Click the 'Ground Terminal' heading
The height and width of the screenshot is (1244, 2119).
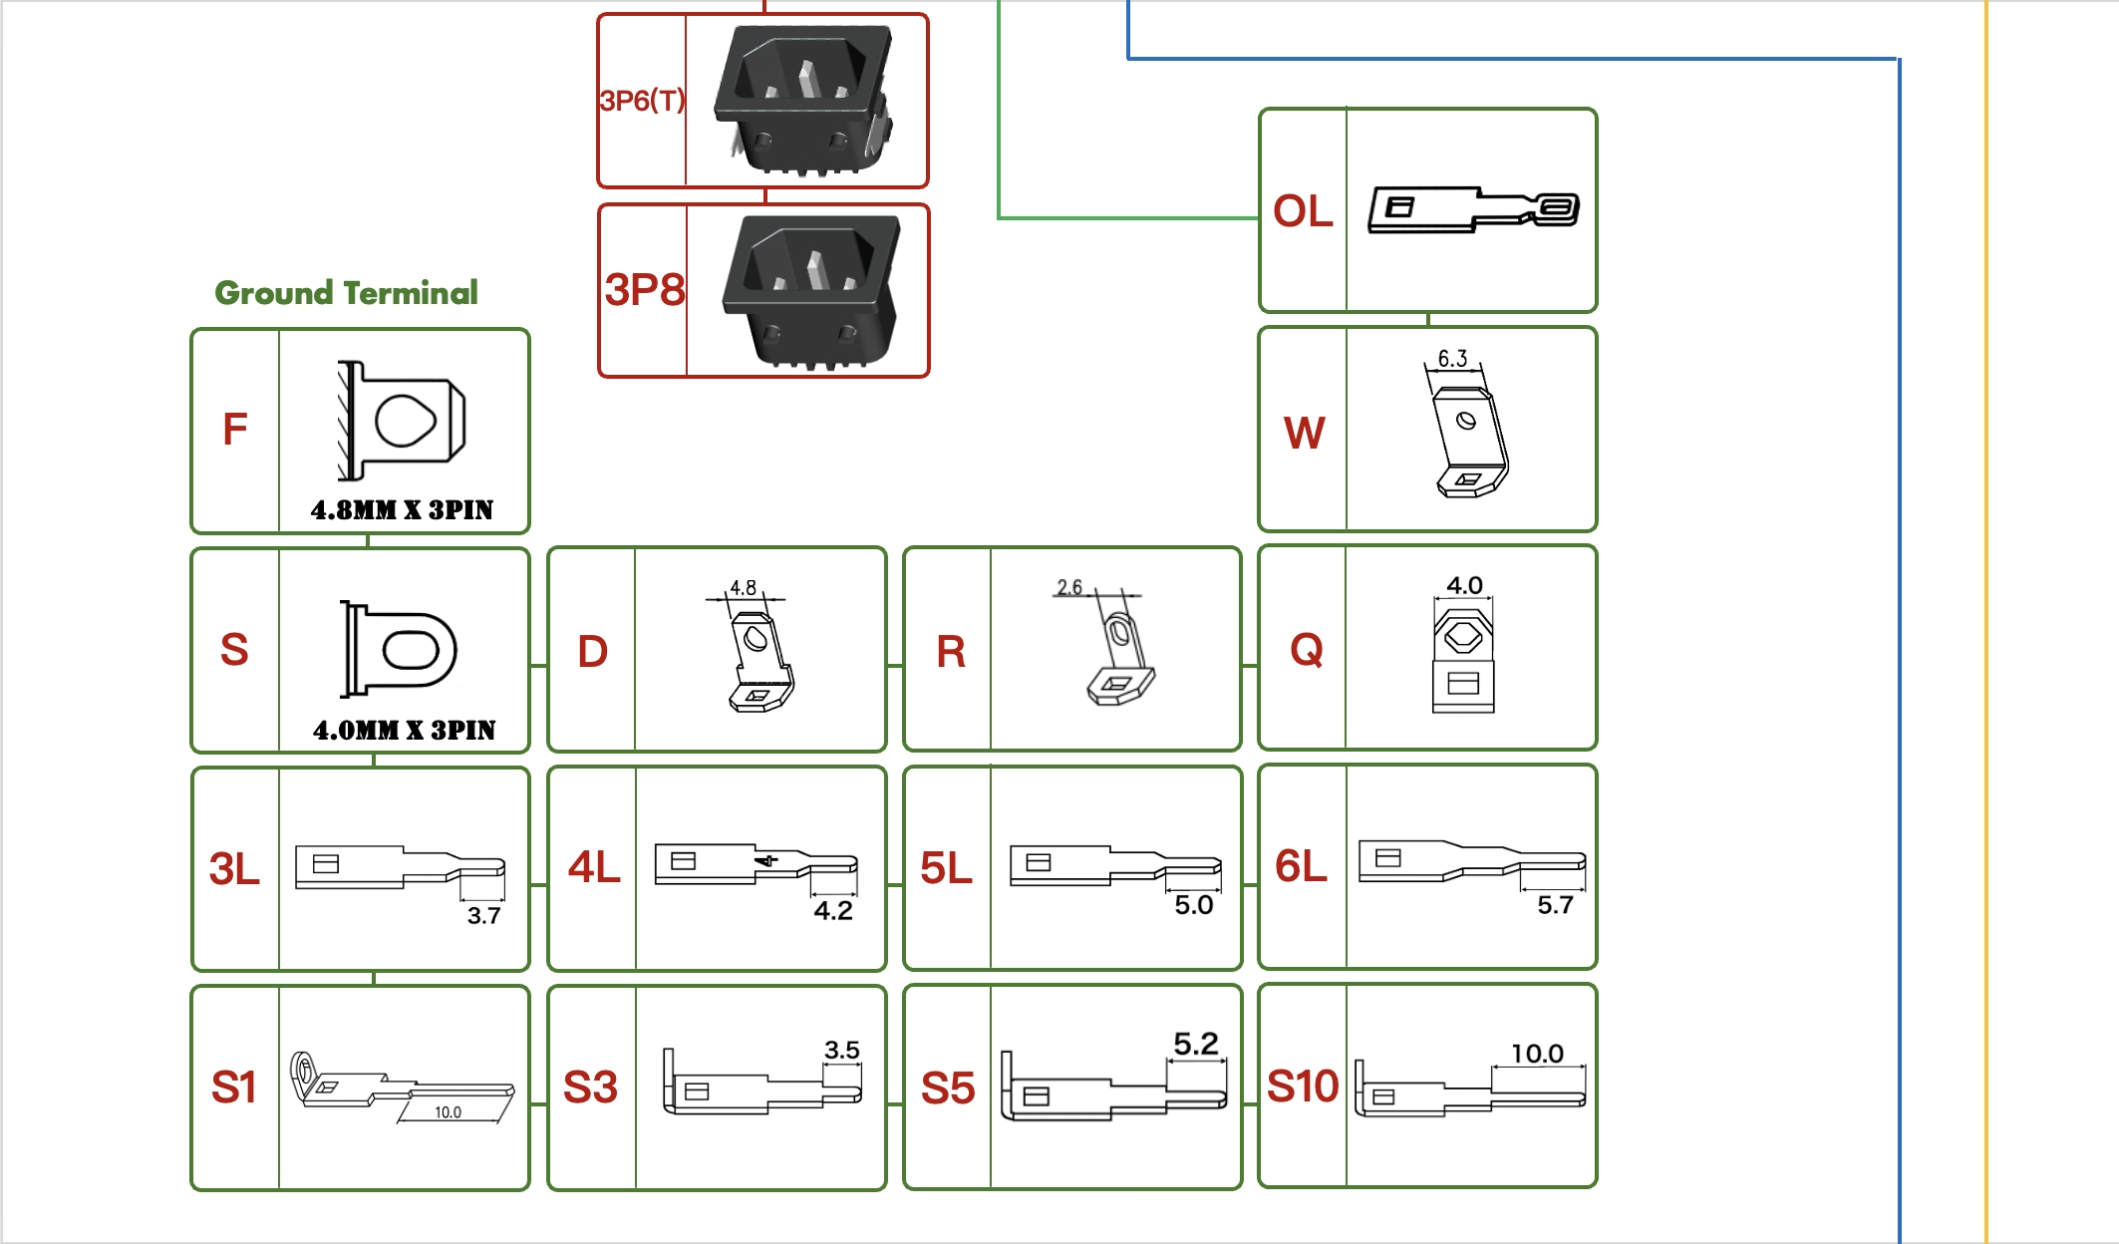pos(346,292)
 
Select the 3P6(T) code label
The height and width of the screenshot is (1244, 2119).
pos(642,101)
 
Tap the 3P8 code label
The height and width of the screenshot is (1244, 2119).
pos(644,290)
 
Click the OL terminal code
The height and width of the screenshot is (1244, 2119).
pos(1303,211)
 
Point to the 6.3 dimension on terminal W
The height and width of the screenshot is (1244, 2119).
pos(1452,359)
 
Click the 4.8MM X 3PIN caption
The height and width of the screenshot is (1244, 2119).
pos(402,510)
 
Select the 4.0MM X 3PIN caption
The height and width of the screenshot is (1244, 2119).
pos(404,731)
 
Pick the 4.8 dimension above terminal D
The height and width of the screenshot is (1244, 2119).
pos(743,588)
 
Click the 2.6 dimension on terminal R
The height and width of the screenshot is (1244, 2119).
pos(1069,587)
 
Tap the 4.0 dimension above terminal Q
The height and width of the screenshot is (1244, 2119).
pos(1464,585)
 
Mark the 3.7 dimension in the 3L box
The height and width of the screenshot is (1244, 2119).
pos(483,916)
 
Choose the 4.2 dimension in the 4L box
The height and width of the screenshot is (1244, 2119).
pos(833,911)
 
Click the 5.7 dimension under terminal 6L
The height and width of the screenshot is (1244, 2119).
pos(1555,905)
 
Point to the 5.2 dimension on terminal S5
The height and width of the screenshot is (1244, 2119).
pos(1196,1044)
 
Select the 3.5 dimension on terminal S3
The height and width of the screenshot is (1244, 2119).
pos(841,1050)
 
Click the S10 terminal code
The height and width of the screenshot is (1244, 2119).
pos(1303,1087)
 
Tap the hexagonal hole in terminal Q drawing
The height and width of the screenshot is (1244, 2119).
pos(1463,635)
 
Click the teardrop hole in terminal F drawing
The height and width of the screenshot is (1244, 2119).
pos(405,421)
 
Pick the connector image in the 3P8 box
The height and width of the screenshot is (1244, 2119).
pos(809,291)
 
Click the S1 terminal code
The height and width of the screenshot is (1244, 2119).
pos(234,1088)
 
